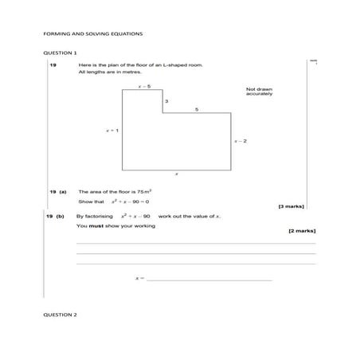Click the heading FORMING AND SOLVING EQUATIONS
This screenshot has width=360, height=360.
(x=92, y=34)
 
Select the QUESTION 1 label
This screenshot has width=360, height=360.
(x=60, y=52)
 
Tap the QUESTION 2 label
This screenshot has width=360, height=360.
(x=60, y=315)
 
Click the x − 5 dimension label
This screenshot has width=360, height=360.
(x=144, y=85)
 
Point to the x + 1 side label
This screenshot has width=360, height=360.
(x=113, y=131)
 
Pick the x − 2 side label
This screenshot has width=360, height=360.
(x=240, y=141)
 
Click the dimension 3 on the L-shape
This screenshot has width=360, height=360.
(x=166, y=102)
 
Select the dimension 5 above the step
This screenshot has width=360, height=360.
(x=196, y=108)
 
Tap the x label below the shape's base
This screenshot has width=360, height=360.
(x=176, y=174)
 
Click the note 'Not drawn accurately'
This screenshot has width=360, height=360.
(x=260, y=92)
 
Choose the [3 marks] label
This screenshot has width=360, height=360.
(x=291, y=207)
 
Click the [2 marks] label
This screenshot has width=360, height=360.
(x=301, y=230)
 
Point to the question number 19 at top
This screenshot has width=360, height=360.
(x=53, y=64)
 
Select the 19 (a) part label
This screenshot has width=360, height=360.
(x=57, y=192)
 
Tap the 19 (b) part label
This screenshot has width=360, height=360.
(x=57, y=216)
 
